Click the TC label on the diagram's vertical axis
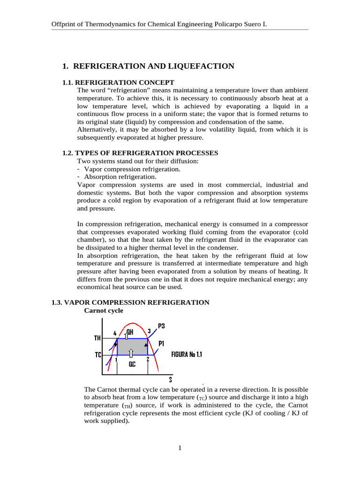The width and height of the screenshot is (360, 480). (x=98, y=355)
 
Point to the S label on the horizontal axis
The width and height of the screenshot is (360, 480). (x=170, y=380)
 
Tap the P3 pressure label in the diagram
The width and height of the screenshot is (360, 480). (x=161, y=326)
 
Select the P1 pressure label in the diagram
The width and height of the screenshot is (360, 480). (x=161, y=344)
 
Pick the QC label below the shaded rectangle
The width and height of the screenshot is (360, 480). (x=133, y=363)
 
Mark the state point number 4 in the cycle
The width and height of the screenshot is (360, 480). (x=115, y=333)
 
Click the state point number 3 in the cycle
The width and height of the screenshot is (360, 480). (x=149, y=331)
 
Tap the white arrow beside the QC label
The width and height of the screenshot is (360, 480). (x=131, y=352)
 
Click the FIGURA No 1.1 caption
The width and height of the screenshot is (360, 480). (x=187, y=355)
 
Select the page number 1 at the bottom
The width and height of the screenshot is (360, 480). (x=180, y=448)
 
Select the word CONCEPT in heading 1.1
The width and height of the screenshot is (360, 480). (x=157, y=82)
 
